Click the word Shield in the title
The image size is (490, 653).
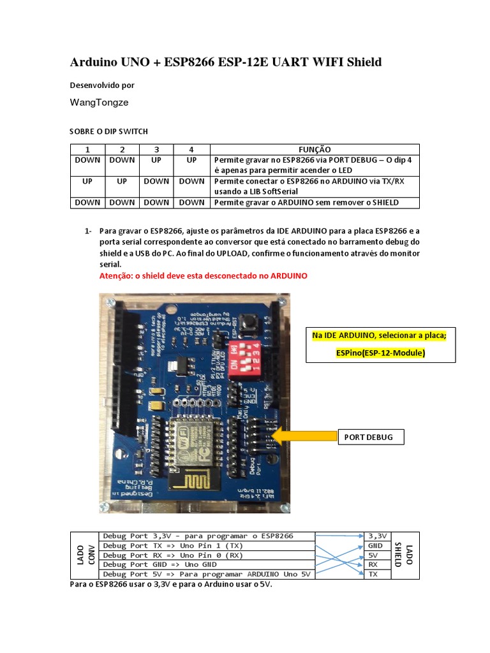point(364,62)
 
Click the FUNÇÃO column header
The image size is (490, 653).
point(315,149)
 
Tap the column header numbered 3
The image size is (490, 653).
point(156,149)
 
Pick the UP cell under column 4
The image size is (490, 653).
point(191,159)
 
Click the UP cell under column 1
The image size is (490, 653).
point(87,181)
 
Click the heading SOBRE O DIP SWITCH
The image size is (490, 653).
point(108,131)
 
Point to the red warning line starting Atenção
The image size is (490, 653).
point(204,275)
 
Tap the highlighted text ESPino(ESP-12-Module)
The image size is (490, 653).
point(381,353)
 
